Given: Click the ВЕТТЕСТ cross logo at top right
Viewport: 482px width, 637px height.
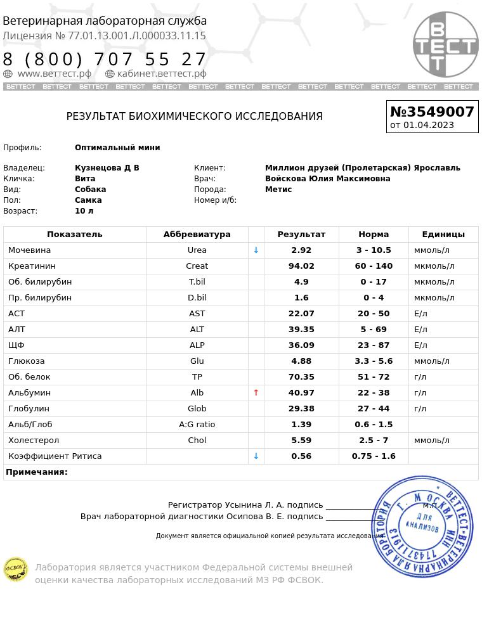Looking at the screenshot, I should pyautogui.click(x=445, y=44).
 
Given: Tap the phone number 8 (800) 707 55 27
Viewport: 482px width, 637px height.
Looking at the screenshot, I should pyautogui.click(x=105, y=60).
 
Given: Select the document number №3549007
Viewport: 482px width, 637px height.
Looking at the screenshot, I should pyautogui.click(x=432, y=112).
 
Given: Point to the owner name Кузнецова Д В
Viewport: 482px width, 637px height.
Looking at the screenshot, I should pyautogui.click(x=107, y=168).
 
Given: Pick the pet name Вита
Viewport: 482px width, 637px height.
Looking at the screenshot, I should pyautogui.click(x=85, y=179).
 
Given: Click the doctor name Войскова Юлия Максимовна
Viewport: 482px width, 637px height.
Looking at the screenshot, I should pyautogui.click(x=327, y=179).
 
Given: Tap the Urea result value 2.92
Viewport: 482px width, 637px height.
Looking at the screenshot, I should pyautogui.click(x=301, y=250).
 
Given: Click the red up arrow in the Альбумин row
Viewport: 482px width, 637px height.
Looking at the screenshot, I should pyautogui.click(x=256, y=393).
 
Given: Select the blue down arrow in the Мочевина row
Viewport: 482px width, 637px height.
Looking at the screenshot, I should pyautogui.click(x=256, y=250).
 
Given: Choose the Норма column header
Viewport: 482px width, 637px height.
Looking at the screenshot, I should pyautogui.click(x=374, y=235).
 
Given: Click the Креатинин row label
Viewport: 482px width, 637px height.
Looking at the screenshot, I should pyautogui.click(x=32, y=266).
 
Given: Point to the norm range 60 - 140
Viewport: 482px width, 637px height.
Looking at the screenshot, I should pyautogui.click(x=374, y=266).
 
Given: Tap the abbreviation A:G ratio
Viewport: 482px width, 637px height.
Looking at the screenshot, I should pyautogui.click(x=197, y=425).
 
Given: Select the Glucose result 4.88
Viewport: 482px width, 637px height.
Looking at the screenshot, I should pyautogui.click(x=301, y=361).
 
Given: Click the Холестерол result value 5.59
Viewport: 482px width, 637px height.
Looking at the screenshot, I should pyautogui.click(x=301, y=441).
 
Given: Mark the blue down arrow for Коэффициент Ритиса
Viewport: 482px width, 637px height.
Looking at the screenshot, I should pyautogui.click(x=256, y=456).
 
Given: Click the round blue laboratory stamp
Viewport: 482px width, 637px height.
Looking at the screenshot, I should pyautogui.click(x=422, y=526).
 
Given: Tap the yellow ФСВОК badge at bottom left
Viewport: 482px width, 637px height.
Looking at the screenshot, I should pyautogui.click(x=16, y=569).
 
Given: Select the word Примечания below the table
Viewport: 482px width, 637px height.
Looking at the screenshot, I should pyautogui.click(x=37, y=472).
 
